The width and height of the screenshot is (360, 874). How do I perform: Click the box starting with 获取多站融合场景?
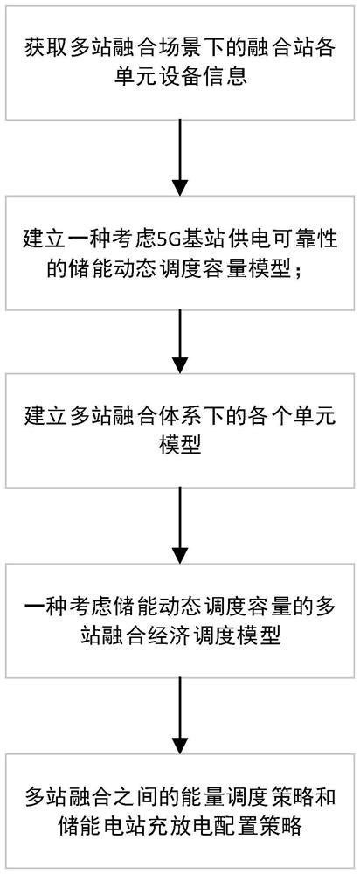(x=179, y=62)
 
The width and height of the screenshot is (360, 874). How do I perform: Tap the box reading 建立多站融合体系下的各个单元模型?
(x=179, y=431)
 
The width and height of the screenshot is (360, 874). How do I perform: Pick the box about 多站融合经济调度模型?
(x=179, y=620)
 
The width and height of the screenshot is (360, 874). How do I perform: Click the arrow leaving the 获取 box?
(x=179, y=157)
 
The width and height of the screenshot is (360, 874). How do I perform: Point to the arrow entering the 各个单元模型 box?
(x=179, y=341)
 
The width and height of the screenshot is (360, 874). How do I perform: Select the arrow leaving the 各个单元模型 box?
(x=179, y=524)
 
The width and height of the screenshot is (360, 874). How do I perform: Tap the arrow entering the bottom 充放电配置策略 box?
(x=179, y=712)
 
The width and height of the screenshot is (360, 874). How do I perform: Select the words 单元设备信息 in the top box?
(x=179, y=77)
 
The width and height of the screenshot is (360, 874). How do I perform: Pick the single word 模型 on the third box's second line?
(x=179, y=447)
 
